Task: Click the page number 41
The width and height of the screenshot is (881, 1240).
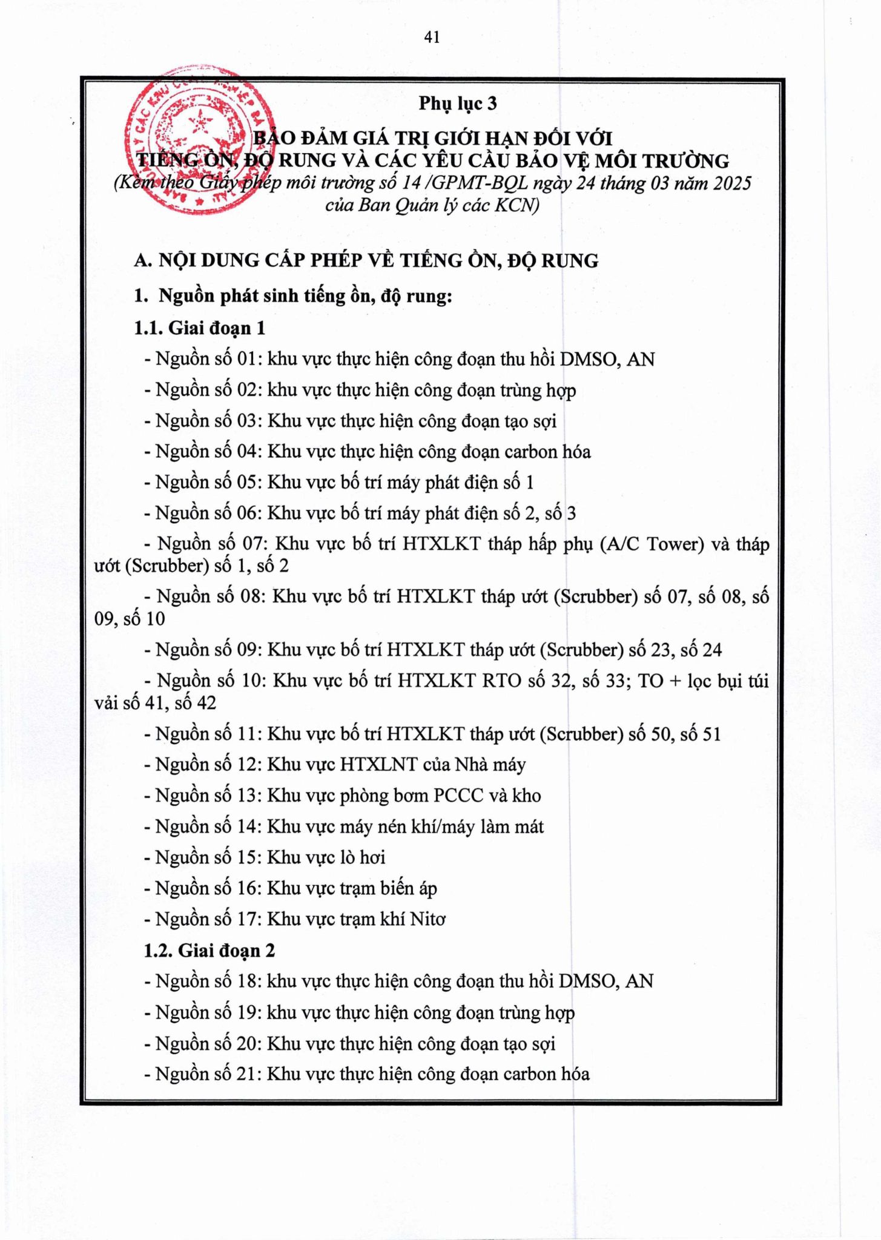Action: click(432, 38)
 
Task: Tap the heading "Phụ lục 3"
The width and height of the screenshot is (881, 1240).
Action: click(457, 104)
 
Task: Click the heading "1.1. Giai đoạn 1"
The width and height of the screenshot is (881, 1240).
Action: click(199, 328)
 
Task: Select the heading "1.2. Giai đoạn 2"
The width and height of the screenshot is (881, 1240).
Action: click(209, 951)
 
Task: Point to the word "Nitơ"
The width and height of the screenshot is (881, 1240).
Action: click(427, 919)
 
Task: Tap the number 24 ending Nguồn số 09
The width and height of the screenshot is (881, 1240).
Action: click(712, 650)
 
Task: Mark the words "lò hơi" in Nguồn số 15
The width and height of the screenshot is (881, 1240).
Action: click(363, 857)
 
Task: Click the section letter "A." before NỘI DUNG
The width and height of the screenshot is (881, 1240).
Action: click(143, 261)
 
